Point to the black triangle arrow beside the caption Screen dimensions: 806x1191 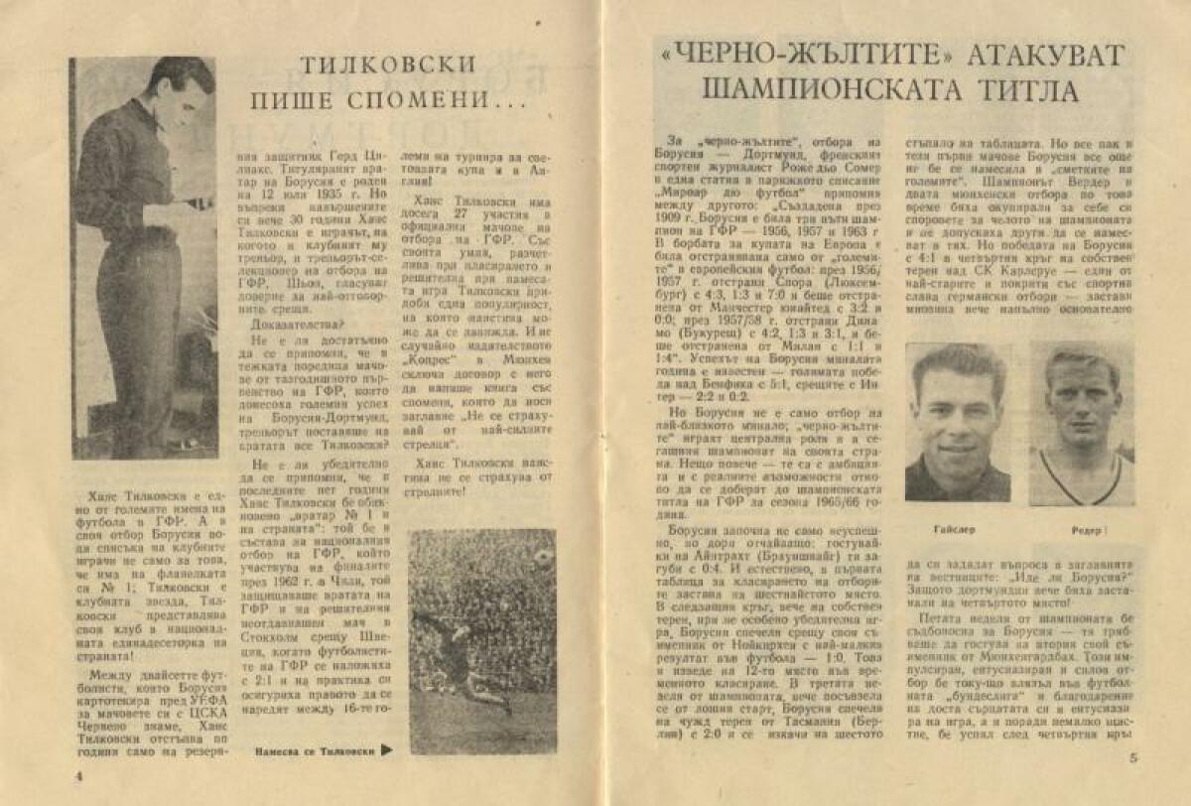[387, 751]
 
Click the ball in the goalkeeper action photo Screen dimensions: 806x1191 [543, 558]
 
